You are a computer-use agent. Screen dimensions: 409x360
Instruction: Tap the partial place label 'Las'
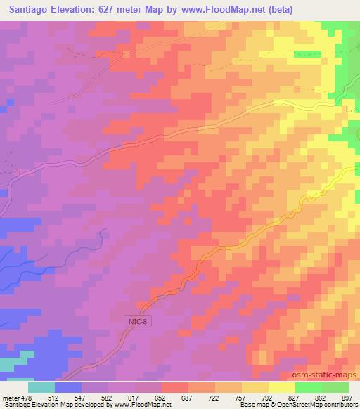tap(352, 110)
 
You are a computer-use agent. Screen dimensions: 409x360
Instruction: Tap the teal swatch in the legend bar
tap(41, 387)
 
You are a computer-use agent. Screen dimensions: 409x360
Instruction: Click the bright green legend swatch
tap(309, 387)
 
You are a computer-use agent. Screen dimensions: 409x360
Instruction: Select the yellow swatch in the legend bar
tap(282, 387)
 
